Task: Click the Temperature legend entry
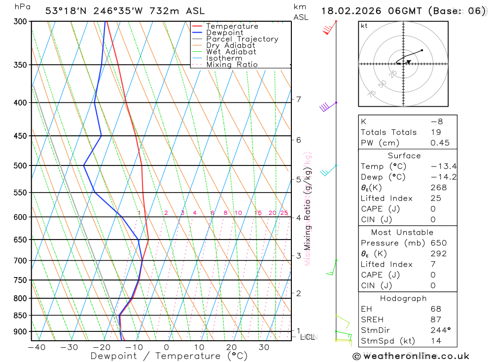pos(232,26)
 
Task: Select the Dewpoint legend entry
pos(224,33)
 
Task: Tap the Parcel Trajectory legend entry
pos(242,39)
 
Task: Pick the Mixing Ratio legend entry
pos(232,65)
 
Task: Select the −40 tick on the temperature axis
pos(36,347)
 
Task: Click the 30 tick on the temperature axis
pos(264,347)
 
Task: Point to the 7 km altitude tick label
pos(299,99)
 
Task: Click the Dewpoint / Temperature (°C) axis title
pos(169,356)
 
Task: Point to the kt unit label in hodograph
pos(364,26)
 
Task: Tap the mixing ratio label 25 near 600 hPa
pos(284,213)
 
